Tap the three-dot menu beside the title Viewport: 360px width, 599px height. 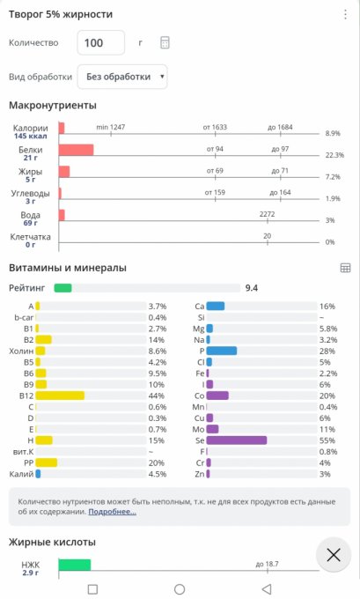(345, 14)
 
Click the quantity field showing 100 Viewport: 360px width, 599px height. (101, 43)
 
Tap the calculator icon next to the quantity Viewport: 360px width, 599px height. (165, 42)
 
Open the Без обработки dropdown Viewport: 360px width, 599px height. (122, 77)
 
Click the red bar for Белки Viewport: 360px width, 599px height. (76, 150)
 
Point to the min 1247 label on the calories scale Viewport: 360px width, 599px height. (111, 127)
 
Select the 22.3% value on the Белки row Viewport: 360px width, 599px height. (334, 155)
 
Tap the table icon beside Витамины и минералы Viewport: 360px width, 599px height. (345, 268)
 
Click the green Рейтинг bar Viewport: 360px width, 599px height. (63, 288)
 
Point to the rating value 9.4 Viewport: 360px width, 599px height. (251, 288)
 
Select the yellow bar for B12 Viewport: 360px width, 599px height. (60, 396)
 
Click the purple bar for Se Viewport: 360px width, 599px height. (237, 440)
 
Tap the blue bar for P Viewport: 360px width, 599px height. (222, 351)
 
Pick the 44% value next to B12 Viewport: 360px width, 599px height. (157, 396)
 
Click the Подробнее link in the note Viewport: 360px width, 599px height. (113, 512)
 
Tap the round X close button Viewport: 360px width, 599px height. (334, 555)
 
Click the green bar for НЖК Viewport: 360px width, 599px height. (75, 565)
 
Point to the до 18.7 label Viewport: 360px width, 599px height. (268, 564)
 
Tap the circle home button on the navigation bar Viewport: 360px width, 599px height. (180, 589)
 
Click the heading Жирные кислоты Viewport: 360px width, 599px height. (52, 542)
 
